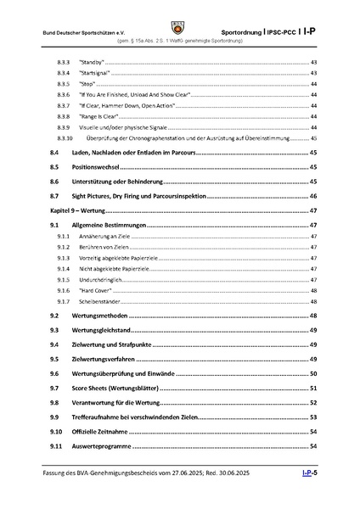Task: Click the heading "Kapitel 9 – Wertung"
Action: tap(78, 210)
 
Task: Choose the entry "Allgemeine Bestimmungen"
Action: tap(109, 225)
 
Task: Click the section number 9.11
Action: tap(56, 445)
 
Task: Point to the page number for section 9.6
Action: tap(312, 373)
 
